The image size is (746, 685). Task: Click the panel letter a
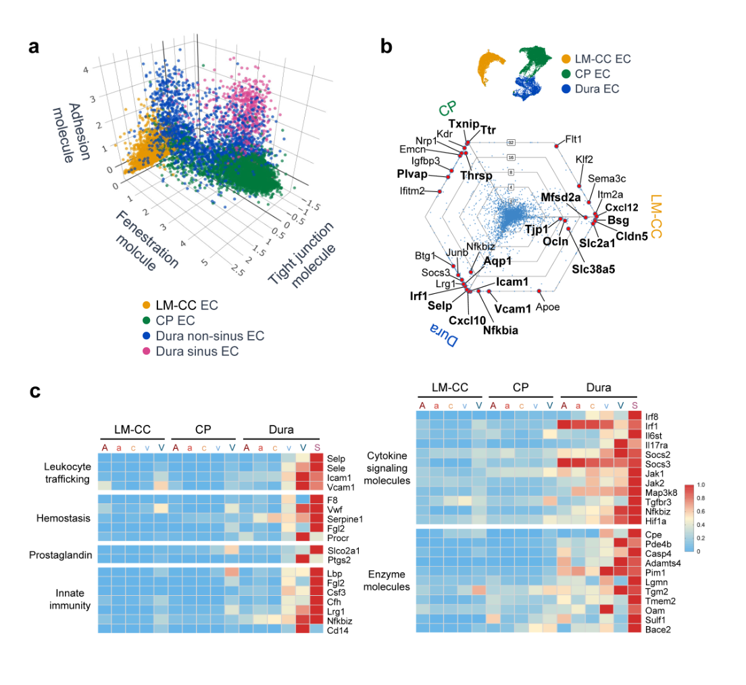[34, 49]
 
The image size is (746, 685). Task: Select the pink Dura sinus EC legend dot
[145, 351]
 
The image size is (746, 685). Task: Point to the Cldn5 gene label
[632, 236]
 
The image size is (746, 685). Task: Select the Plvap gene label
[414, 174]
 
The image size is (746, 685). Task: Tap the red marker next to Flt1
[557, 145]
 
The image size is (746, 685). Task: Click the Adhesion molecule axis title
[71, 132]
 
